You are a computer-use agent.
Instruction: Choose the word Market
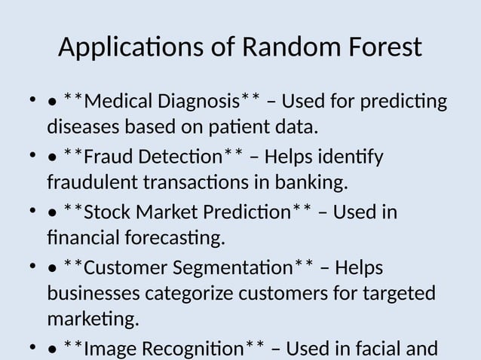pos(170,215)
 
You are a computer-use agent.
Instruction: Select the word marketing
pos(93,320)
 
